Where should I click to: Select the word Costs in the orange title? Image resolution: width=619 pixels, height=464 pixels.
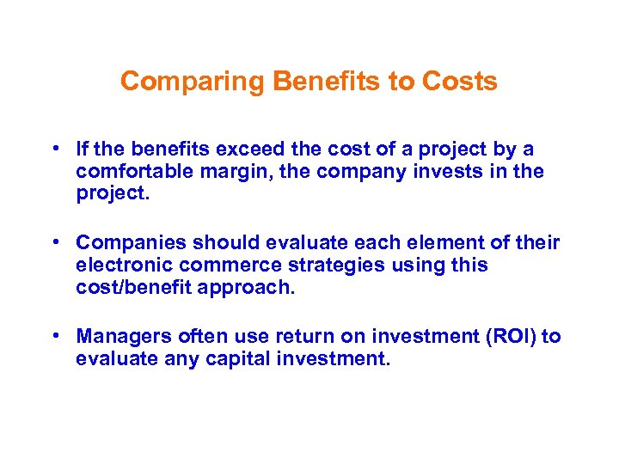[x=459, y=82]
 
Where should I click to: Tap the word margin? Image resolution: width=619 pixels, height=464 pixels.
[x=229, y=172]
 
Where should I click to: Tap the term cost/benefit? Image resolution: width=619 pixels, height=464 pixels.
[x=133, y=288]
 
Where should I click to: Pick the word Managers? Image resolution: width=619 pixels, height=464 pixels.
[x=118, y=337]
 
